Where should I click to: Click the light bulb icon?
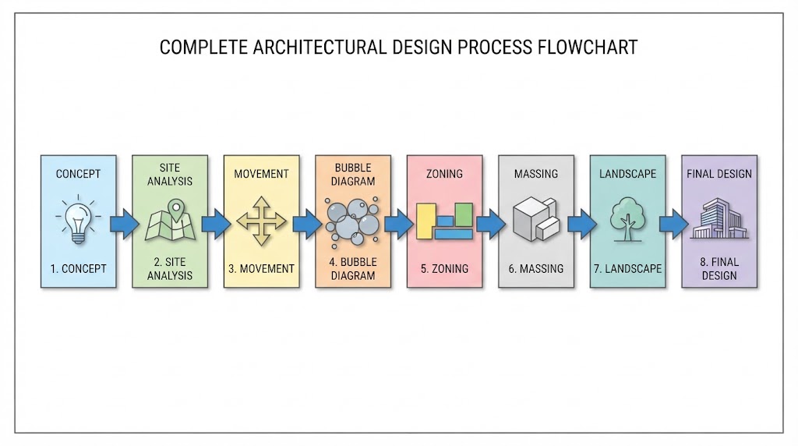(78, 219)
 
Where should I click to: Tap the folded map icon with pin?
(170, 220)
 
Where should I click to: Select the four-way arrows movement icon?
(262, 221)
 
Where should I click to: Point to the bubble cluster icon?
(353, 222)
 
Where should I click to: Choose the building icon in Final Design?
(719, 218)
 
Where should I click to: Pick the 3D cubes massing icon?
(536, 219)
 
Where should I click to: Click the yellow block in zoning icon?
(426, 221)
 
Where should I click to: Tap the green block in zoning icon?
(464, 214)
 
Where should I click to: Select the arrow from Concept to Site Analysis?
(125, 224)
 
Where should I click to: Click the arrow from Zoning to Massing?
(491, 224)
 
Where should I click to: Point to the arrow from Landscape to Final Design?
(674, 224)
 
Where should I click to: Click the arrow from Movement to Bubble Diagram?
(308, 224)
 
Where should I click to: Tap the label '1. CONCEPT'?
(79, 269)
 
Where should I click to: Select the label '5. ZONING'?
(444, 269)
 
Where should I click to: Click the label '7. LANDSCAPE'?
(627, 269)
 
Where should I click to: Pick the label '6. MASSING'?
(536, 269)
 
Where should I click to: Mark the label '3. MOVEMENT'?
(262, 269)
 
